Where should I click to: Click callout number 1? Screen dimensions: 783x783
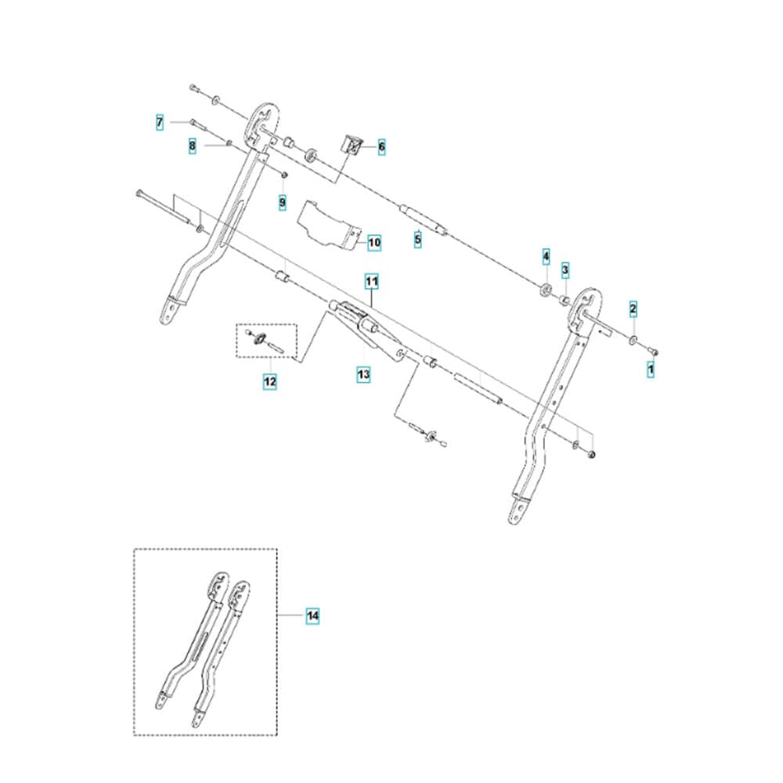tap(650, 370)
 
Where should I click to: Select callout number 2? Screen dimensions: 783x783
tap(633, 309)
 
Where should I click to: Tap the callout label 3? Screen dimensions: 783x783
tap(565, 270)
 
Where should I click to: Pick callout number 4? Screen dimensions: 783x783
tap(547, 257)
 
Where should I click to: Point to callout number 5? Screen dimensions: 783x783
tap(418, 240)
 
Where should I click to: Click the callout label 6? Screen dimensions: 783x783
tap(382, 147)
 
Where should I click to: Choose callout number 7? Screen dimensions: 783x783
tap(160, 122)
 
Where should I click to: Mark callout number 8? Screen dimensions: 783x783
tap(193, 146)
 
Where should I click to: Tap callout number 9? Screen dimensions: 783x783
tap(283, 202)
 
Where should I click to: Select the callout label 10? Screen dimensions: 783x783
tap(374, 243)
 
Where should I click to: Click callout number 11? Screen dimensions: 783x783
tap(371, 282)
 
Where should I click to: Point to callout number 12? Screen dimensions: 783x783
tap(269, 382)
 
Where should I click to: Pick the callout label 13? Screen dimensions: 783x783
tap(363, 374)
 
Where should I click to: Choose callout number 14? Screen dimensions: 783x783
tap(312, 615)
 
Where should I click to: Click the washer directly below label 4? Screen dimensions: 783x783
tap(546, 289)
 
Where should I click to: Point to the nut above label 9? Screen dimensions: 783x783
tap(283, 174)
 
